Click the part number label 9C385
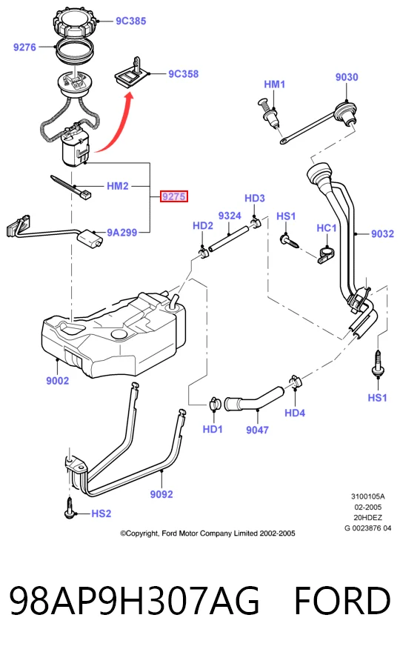point(130,21)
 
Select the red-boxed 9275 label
point(174,196)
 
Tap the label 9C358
point(184,74)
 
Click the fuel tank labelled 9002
point(114,333)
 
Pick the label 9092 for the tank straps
point(161,494)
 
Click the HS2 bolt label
point(101,513)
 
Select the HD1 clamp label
point(213,429)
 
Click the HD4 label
point(295,413)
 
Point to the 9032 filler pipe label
point(382,233)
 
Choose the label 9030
point(347,77)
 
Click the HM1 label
point(274,84)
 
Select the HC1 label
point(327,228)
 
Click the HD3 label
point(255,198)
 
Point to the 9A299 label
point(121,233)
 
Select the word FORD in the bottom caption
point(343,600)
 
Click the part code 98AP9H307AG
point(134,600)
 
